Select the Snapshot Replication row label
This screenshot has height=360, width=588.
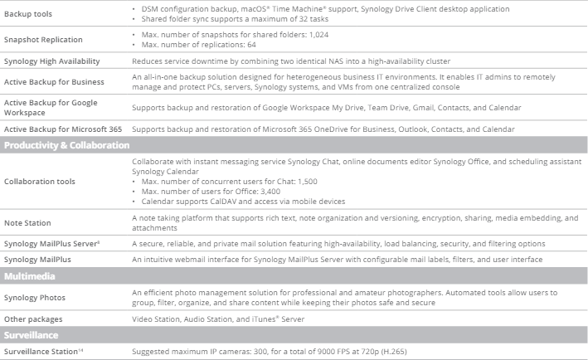[40, 39]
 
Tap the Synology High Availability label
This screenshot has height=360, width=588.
[51, 61]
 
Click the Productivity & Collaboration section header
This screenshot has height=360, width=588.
[66, 145]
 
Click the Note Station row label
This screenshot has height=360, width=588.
[27, 222]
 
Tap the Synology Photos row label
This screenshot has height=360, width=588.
[34, 297]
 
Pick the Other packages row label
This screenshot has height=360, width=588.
[33, 319]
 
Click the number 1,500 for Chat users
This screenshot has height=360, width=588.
[304, 181]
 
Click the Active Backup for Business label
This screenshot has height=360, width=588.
[54, 81]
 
